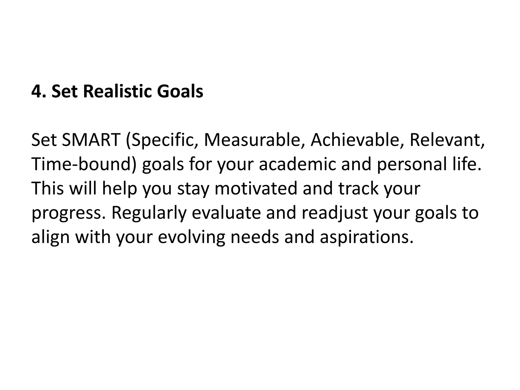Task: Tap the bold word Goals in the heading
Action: point(180,92)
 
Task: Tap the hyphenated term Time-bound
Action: point(84,164)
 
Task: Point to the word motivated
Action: point(256,188)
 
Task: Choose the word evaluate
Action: point(226,213)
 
